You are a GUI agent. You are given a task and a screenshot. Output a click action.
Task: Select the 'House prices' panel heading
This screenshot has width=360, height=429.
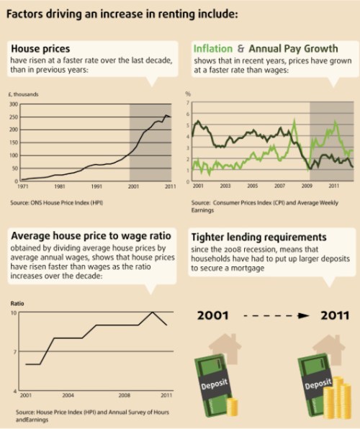pyautogui.click(x=40, y=49)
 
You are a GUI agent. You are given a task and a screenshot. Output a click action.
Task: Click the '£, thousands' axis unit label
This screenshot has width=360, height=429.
pyautogui.click(x=24, y=94)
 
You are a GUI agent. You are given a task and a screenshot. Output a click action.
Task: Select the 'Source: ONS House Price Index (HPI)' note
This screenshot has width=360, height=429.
pyautogui.click(x=58, y=202)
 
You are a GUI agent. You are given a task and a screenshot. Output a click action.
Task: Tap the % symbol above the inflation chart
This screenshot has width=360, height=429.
pyautogui.click(x=187, y=94)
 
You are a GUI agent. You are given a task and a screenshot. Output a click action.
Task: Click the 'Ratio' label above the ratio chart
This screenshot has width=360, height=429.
pyautogui.click(x=19, y=304)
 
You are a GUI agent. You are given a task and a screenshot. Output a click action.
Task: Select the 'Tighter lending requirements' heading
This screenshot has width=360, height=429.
pyautogui.click(x=259, y=237)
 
